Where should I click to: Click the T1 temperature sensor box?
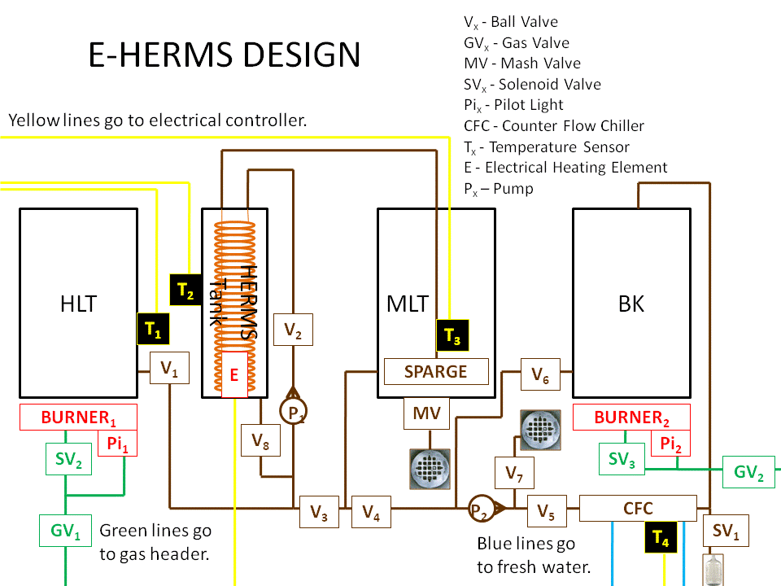[154, 329]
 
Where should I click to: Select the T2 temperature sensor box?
[185, 289]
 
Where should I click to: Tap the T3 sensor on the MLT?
[452, 335]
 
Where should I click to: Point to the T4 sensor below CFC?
[661, 537]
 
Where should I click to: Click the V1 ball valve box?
[169, 368]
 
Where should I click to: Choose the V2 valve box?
[293, 329]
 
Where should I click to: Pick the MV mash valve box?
[426, 413]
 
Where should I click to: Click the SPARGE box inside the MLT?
[436, 371]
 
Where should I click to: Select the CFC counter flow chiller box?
[638, 509]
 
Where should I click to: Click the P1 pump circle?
[293, 413]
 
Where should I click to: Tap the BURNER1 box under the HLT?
[78, 418]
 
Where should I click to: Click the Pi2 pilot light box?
[670, 444]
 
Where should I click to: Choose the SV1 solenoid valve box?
[726, 531]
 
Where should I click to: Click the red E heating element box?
[233, 374]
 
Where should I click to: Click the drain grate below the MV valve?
[430, 468]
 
